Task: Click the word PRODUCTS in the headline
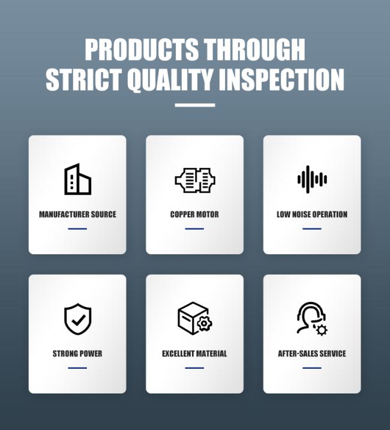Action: click(x=142, y=49)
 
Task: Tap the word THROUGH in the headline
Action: click(x=255, y=49)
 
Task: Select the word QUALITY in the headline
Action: click(x=171, y=80)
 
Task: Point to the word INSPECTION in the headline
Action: click(x=282, y=80)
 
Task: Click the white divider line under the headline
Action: click(x=195, y=105)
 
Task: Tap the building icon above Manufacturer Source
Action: click(x=77, y=179)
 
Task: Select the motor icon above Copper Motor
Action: click(x=195, y=180)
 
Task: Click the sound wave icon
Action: click(x=312, y=179)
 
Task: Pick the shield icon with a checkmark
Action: click(x=77, y=319)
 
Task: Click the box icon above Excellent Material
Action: click(x=194, y=318)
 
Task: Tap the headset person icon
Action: click(x=312, y=318)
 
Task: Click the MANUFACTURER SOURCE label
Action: click(x=77, y=215)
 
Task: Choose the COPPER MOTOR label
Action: click(x=194, y=215)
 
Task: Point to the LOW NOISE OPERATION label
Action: click(x=312, y=215)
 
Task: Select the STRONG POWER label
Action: click(x=77, y=354)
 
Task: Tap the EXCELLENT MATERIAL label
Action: click(x=194, y=354)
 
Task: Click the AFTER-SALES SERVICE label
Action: click(x=312, y=354)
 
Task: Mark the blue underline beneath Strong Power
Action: click(x=77, y=368)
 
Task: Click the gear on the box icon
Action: click(x=204, y=324)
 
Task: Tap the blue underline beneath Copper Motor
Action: click(x=194, y=228)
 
